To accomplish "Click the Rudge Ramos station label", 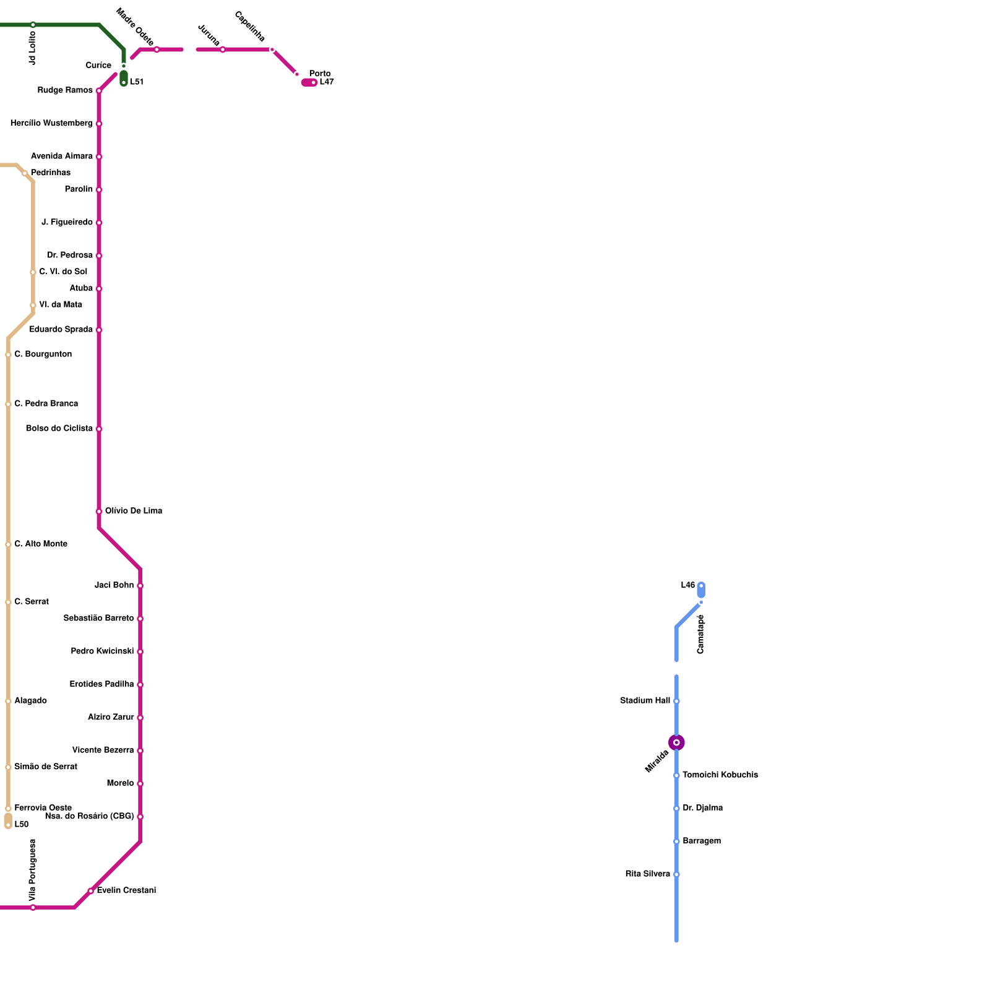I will [65, 90].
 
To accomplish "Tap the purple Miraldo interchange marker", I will [676, 742].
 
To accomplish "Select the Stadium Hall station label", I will [645, 701].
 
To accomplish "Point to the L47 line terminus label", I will [327, 82].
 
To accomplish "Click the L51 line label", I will [137, 82].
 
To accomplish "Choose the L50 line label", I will [22, 825].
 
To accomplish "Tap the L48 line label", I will [688, 585].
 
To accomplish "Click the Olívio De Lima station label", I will [134, 511].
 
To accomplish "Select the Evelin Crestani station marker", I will [91, 891].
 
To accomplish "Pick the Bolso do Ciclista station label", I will [59, 429].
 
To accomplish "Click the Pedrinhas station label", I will [51, 173].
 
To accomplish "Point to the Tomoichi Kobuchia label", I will [720, 775].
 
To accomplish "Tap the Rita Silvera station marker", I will [676, 874].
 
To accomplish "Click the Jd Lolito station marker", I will [33, 25].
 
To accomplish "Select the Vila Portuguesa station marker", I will [33, 908].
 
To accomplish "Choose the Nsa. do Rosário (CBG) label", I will [90, 817].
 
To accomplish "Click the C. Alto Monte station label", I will [41, 544].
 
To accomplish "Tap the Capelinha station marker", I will [272, 49].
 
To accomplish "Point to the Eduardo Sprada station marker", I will [99, 330].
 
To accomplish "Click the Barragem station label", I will [702, 841].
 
